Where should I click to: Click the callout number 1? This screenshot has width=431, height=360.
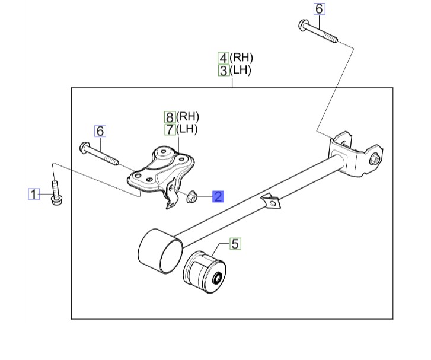34,194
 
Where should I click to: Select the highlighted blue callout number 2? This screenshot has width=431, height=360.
218,196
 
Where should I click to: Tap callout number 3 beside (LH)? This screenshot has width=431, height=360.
224,71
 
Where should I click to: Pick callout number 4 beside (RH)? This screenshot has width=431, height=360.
224,58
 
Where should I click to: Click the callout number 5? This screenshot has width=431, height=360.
235,243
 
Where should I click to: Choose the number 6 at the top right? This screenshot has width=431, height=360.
319,9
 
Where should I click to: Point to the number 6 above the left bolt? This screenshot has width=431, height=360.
100,130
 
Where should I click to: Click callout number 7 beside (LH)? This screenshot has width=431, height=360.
170,129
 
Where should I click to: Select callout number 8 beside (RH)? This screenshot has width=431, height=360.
170,117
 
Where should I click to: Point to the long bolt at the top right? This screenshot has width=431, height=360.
318,31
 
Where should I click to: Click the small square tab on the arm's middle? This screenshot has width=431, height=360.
273,201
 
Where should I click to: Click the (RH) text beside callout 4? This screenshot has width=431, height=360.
242,58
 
